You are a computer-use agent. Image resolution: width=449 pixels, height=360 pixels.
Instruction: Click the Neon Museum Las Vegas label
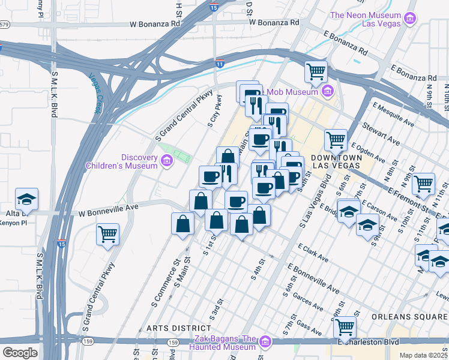[365, 20]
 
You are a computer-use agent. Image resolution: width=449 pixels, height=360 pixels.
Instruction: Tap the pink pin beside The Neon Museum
[411, 19]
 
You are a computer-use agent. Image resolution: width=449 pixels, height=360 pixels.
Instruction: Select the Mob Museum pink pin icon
[327, 91]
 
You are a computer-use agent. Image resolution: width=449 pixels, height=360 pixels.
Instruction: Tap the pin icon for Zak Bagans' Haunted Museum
[265, 343]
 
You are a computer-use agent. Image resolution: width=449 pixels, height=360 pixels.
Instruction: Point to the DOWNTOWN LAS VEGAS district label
[336, 160]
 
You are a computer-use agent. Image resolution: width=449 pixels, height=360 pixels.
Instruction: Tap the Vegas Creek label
[94, 93]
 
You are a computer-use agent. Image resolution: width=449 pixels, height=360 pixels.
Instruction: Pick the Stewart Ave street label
[381, 133]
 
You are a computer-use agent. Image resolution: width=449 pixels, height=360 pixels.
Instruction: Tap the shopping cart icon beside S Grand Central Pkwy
[107, 234]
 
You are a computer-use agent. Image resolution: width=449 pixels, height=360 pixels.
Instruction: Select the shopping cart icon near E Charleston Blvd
[345, 328]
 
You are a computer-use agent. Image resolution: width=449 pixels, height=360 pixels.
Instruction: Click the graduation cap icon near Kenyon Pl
[26, 199]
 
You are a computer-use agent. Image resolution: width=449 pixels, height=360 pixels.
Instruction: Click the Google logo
[20, 353]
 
